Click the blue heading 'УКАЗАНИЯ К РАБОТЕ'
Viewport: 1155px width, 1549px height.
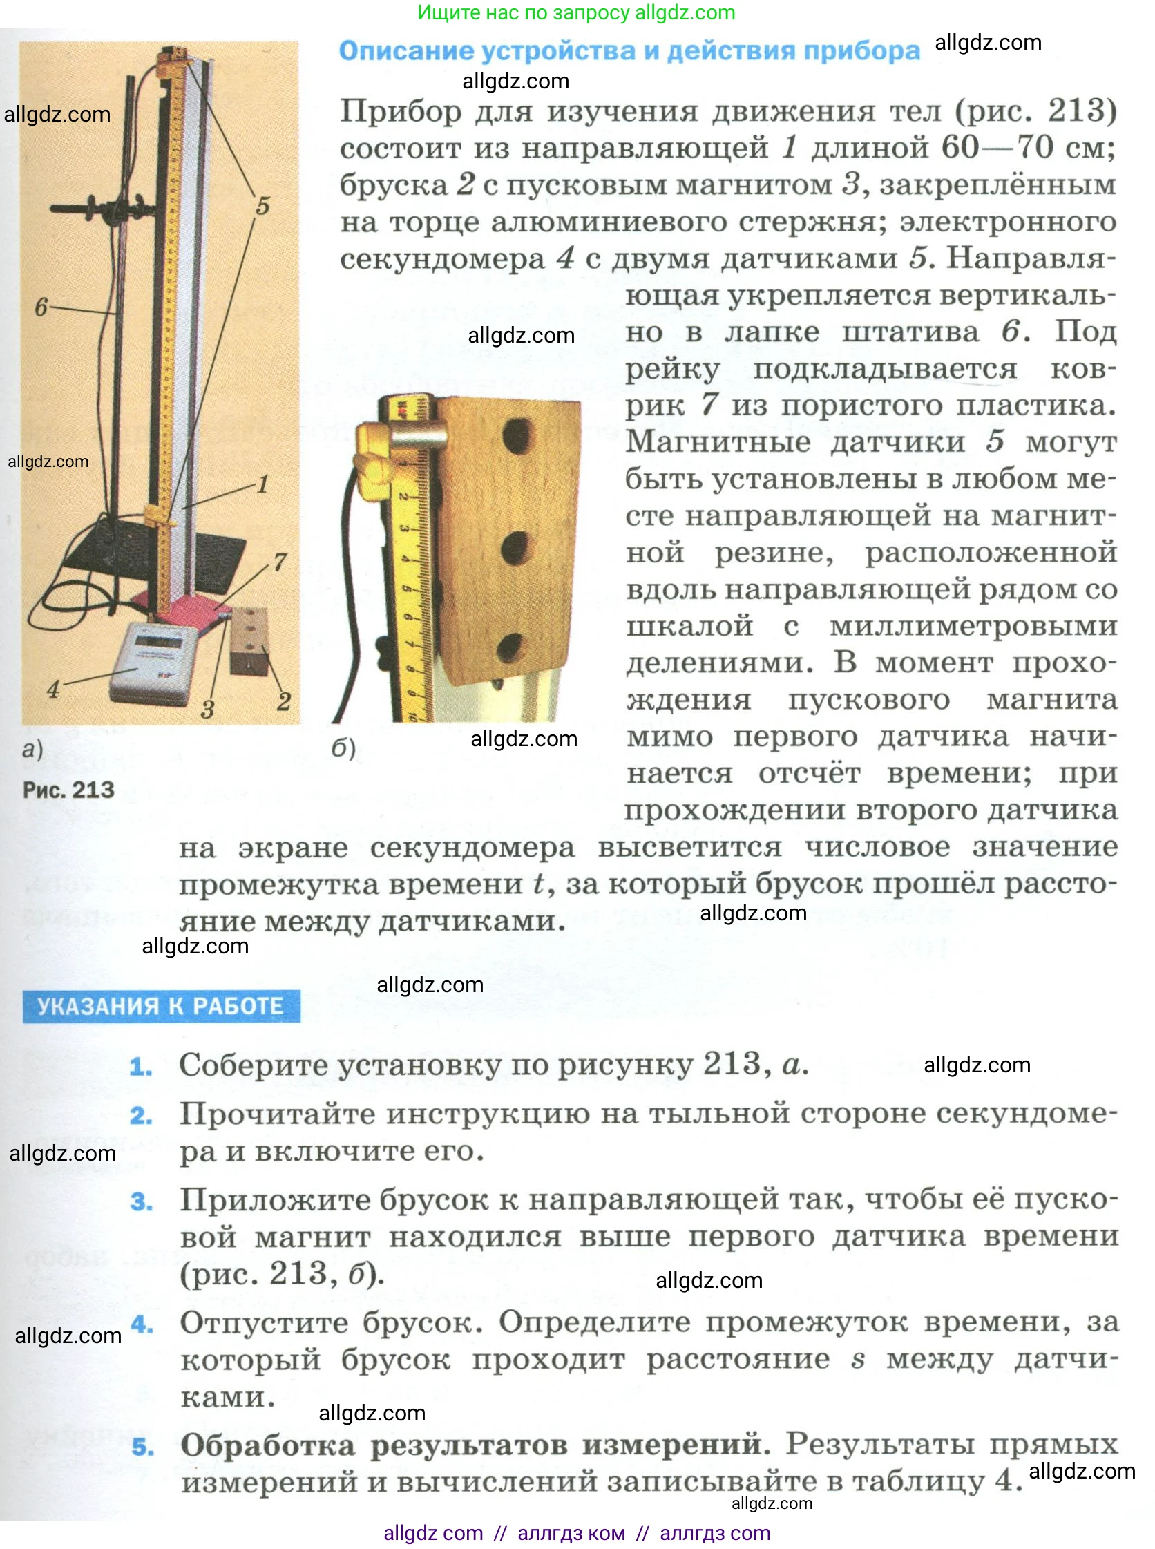click(x=161, y=1006)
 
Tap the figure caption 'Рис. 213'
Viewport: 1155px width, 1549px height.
click(x=68, y=790)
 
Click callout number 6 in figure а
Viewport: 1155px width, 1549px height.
click(x=41, y=306)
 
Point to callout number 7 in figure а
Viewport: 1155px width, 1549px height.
click(x=280, y=561)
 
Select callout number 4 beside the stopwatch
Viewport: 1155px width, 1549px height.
click(x=53, y=689)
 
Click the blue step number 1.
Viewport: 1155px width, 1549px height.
click(x=140, y=1067)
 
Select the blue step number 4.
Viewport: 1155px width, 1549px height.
click(x=142, y=1324)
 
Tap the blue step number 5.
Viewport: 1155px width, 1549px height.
click(x=142, y=1446)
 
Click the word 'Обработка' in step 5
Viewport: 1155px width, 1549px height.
click(x=268, y=1445)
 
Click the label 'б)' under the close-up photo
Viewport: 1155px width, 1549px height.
click(x=343, y=748)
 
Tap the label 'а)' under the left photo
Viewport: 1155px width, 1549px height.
click(x=32, y=749)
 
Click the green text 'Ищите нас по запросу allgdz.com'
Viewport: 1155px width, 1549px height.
click(x=576, y=12)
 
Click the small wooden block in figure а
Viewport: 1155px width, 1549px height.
click(x=250, y=640)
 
